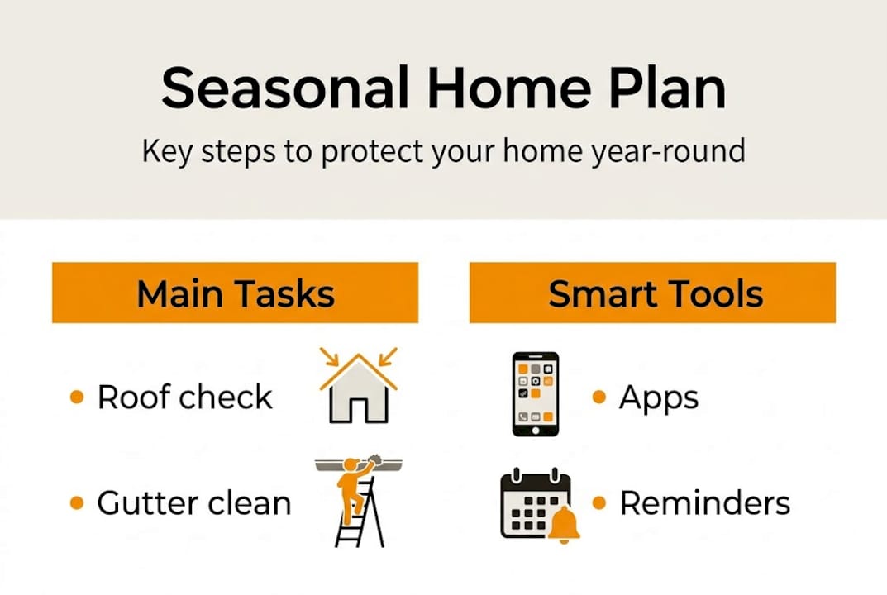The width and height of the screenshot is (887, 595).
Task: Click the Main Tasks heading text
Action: point(236,294)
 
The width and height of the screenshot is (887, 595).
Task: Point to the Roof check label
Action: point(184,397)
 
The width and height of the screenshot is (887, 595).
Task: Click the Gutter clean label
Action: point(193,503)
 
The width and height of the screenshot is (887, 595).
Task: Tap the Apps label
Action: point(658,397)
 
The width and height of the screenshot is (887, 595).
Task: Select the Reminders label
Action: point(704,503)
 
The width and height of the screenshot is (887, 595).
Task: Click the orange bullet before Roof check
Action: point(77,397)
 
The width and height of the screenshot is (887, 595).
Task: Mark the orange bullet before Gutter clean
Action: point(77,503)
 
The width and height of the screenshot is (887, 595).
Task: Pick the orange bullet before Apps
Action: point(599,397)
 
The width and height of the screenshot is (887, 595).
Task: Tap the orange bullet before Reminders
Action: point(599,503)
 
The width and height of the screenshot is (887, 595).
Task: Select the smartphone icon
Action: point(535,393)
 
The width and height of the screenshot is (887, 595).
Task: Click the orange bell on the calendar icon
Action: point(565,525)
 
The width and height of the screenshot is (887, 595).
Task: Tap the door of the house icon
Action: point(358,409)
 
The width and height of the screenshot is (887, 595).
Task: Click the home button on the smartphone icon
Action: point(535,429)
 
